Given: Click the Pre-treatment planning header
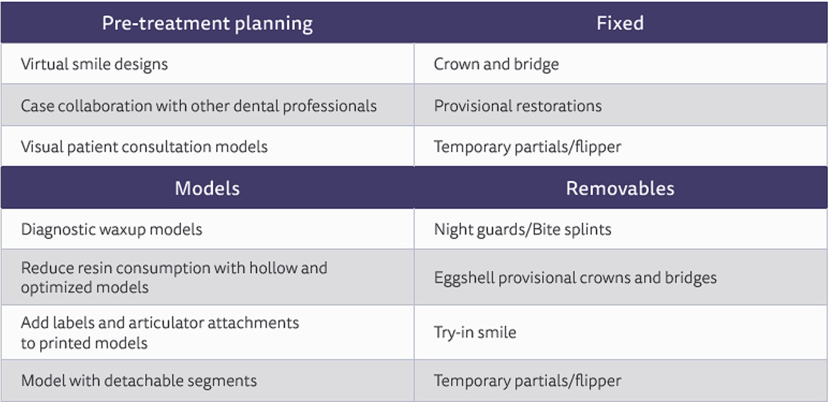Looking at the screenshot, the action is (207, 23).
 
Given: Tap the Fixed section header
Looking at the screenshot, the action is (620, 23).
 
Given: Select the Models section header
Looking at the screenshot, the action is (207, 188).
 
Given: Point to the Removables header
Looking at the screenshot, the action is (620, 188).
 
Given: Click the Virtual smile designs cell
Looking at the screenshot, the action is (94, 64).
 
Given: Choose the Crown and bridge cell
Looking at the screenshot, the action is (496, 64).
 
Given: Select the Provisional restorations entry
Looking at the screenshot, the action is (517, 106).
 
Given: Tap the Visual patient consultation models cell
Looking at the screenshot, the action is (144, 147).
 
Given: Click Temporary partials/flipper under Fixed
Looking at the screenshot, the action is (527, 147).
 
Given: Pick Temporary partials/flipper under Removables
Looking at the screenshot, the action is (527, 381).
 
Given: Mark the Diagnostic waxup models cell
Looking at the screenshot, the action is (112, 229).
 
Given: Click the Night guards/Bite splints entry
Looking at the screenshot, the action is (522, 229).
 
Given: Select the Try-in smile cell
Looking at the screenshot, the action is (475, 332).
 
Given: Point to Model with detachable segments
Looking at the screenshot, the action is (139, 381).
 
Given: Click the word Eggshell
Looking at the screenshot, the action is (464, 277).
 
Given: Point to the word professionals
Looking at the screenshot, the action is (330, 107).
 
